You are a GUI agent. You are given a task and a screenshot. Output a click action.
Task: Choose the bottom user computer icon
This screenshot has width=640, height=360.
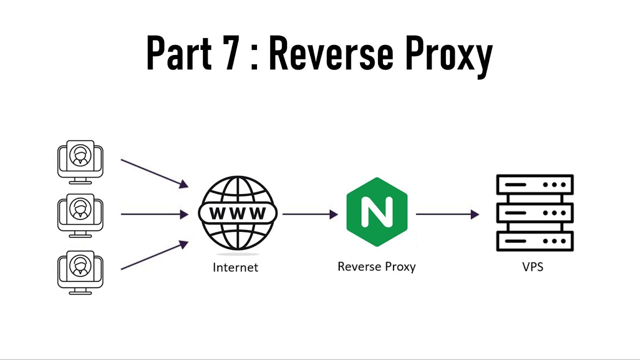(80, 270)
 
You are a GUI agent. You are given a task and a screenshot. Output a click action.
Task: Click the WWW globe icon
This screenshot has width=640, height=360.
(237, 213)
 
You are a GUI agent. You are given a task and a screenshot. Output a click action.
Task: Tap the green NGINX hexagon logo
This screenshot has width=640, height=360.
(376, 211)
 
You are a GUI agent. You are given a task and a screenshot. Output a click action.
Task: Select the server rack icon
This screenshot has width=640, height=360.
(534, 213)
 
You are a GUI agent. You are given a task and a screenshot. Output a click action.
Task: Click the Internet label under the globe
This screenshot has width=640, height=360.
(235, 267)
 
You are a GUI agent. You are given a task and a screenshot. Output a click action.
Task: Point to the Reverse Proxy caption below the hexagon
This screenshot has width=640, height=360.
(376, 266)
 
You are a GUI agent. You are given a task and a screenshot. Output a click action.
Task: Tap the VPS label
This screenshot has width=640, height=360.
(532, 266)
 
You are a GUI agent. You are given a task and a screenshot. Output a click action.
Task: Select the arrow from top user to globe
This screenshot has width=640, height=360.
(154, 173)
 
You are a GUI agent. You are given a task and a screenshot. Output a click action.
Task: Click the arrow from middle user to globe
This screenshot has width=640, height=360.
(154, 214)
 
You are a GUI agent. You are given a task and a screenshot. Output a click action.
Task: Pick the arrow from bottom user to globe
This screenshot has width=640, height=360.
(154, 255)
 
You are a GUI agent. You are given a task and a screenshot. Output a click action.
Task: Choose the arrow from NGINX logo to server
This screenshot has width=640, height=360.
(447, 214)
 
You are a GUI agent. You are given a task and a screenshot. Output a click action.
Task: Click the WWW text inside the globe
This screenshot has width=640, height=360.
(237, 213)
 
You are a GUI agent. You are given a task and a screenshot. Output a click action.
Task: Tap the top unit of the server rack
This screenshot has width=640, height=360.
(534, 184)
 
